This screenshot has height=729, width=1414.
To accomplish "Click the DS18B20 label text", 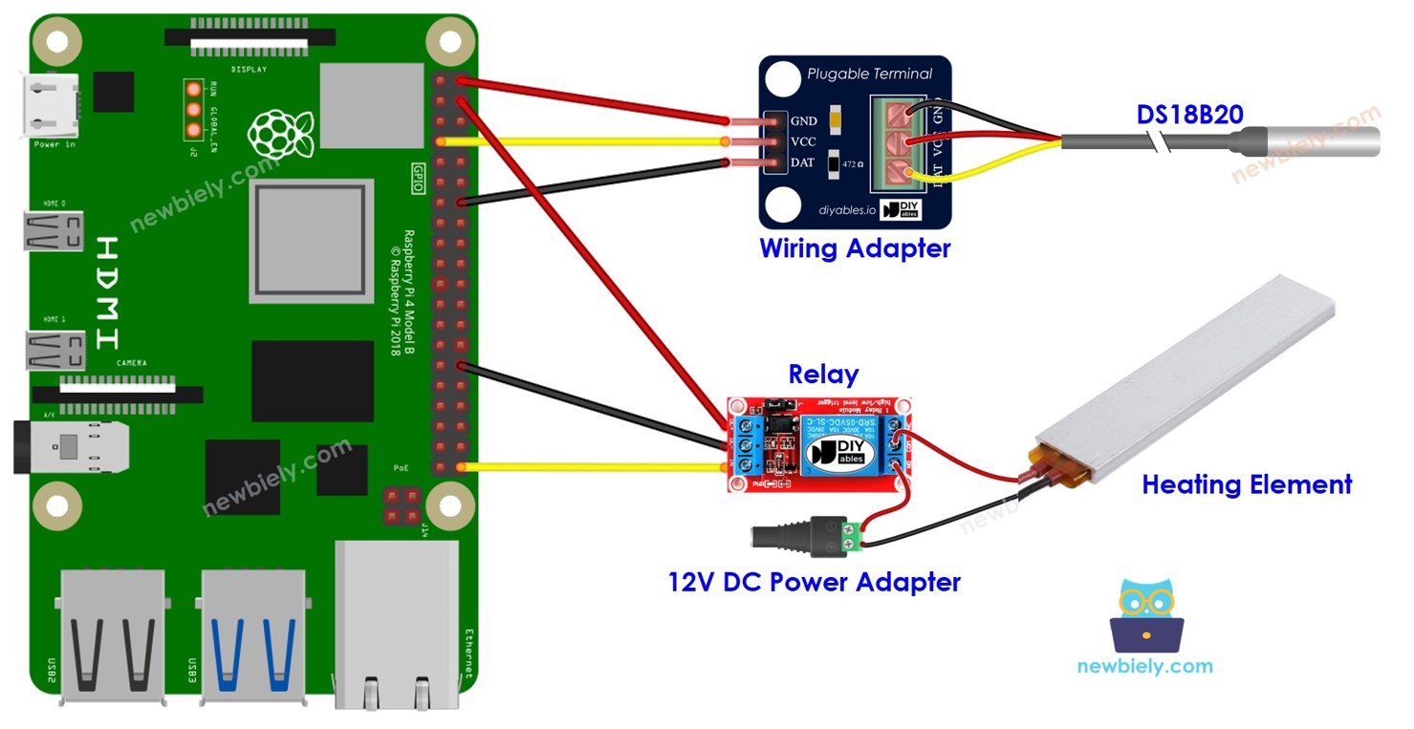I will click(1189, 115).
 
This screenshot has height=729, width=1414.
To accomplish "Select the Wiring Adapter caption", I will click(855, 248).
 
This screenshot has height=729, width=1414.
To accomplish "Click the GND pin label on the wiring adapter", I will click(803, 121).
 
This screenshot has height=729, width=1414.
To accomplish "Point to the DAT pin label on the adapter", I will click(803, 162).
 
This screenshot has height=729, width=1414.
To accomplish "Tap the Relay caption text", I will click(822, 374).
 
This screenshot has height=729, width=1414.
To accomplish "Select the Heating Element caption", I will click(1246, 484).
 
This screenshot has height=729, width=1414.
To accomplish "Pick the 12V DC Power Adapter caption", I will click(814, 581).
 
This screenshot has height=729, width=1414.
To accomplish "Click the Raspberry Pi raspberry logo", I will click(279, 134).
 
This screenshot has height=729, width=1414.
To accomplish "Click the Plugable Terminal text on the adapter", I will click(868, 74).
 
